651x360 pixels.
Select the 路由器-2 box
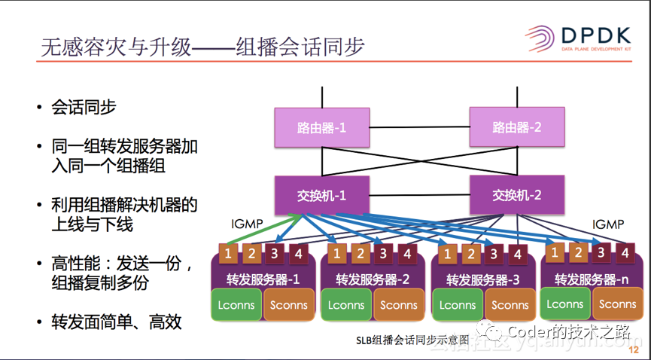coord(517,127)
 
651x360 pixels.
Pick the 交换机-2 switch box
coord(517,194)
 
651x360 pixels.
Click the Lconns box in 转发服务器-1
coord(236,305)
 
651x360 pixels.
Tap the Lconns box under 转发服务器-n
coord(565,304)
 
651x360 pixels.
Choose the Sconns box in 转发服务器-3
coord(510,305)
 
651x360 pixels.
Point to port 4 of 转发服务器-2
coord(406,254)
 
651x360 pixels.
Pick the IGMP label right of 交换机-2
coord(608,224)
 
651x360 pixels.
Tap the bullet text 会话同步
coord(84,107)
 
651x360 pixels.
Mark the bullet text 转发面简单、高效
coord(117,322)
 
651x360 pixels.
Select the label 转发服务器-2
coord(373,279)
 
